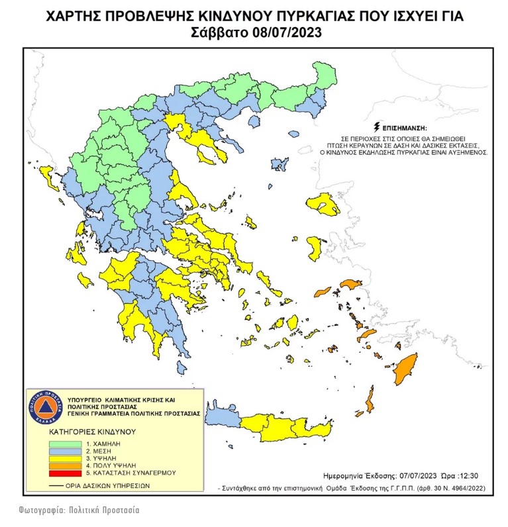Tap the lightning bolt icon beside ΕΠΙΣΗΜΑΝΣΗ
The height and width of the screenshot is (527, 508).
pyautogui.click(x=377, y=126)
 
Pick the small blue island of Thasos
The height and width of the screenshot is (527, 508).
pyautogui.click(x=252, y=122)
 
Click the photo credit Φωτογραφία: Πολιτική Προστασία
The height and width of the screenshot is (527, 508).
pyautogui.click(x=79, y=510)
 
